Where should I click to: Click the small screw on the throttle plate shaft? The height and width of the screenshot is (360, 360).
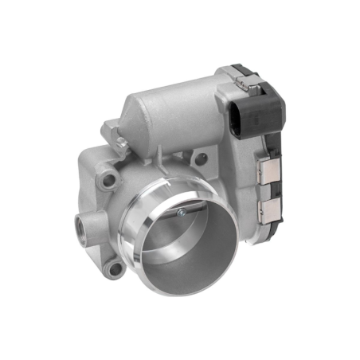(x=182, y=213)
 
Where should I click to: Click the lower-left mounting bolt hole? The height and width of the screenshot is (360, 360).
(x=115, y=268)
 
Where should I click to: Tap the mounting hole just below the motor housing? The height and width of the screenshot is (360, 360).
(x=201, y=158)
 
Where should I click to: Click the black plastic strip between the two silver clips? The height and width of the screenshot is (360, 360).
(x=269, y=190)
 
